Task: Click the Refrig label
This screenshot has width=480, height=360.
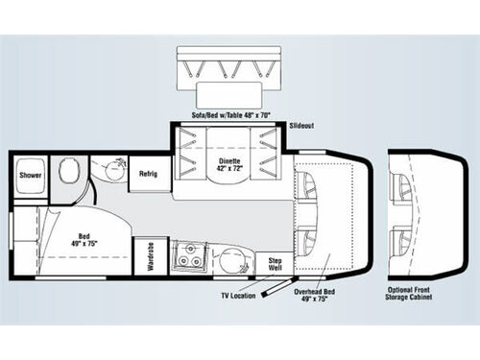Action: click(x=147, y=175)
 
